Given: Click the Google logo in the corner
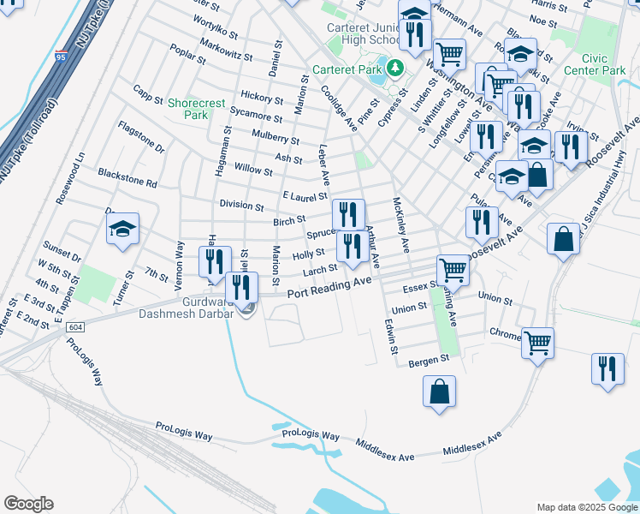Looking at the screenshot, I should (28, 504).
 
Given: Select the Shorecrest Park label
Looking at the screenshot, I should (197, 109).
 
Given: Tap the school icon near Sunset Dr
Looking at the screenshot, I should (122, 230).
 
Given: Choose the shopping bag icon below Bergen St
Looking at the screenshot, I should (438, 392).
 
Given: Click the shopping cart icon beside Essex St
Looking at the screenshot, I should (453, 270).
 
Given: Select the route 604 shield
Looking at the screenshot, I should (75, 327).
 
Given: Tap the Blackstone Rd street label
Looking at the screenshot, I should (127, 183).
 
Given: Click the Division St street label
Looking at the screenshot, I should (241, 206).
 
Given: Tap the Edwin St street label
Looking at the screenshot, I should (390, 337).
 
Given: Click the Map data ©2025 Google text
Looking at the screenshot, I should (586, 507).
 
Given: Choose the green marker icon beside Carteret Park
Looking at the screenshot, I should (395, 68).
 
